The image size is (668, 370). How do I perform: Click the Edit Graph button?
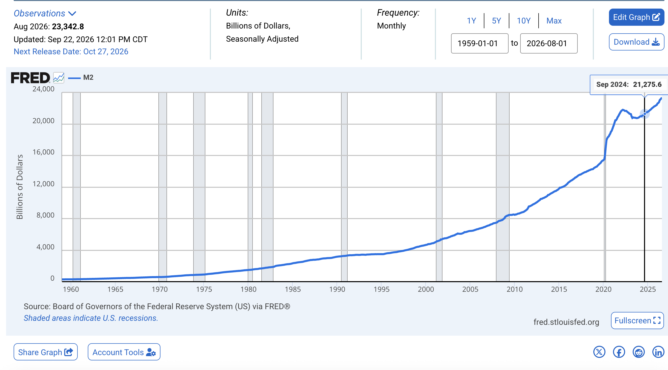coord(636,17)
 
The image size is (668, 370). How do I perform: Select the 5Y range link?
coord(496,21)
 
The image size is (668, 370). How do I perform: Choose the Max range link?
coord(554,21)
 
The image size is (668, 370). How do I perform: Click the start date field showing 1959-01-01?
coord(480,43)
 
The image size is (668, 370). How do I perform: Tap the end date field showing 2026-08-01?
coord(549,43)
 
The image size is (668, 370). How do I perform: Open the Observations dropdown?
coord(45,13)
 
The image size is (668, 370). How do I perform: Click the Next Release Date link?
coord(71,51)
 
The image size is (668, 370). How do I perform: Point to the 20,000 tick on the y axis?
coord(43,121)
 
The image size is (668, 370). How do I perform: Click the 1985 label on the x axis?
coord(293,289)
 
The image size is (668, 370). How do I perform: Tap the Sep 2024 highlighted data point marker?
coord(645,114)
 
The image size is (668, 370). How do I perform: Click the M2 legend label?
coord(88,77)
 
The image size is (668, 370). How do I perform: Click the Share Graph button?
coord(46,352)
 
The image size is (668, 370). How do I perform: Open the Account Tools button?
coord(124,352)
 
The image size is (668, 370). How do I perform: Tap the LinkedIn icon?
coord(658,352)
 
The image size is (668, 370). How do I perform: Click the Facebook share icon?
coord(619,352)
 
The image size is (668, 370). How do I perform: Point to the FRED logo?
coord(30,78)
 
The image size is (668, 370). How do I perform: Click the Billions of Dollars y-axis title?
coord(20,187)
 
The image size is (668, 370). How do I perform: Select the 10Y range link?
coord(523,21)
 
